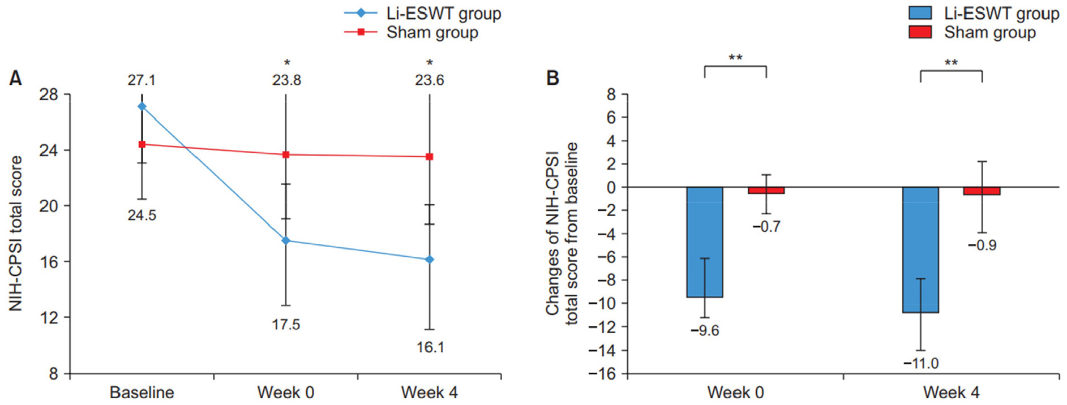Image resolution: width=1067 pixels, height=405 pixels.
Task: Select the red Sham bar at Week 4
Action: tap(982, 191)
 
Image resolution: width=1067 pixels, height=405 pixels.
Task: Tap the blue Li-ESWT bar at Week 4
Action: tap(920, 249)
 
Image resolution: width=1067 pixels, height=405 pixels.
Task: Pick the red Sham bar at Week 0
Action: tap(766, 191)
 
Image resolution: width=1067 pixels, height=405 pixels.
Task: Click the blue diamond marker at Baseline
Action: tap(142, 106)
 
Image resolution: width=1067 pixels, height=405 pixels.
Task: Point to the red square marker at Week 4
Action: tap(430, 157)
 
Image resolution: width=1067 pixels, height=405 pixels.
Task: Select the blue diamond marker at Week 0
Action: tap(286, 241)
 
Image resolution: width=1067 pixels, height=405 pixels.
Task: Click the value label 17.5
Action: tap(286, 325)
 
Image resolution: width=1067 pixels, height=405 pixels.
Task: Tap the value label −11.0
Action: tap(920, 363)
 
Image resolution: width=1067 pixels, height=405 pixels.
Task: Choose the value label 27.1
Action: tap(142, 80)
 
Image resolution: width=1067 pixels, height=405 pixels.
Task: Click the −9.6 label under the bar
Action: tap(705, 330)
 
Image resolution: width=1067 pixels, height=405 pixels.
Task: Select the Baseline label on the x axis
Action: tap(142, 393)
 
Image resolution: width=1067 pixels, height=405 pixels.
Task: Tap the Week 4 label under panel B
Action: tap(951, 393)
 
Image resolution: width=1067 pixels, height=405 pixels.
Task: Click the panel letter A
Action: tap(16, 78)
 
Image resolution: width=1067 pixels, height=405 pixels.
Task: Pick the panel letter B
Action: tap(552, 78)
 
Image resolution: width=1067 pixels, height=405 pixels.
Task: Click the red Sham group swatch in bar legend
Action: tap(920, 32)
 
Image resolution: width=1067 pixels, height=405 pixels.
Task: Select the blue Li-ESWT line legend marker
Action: tap(361, 13)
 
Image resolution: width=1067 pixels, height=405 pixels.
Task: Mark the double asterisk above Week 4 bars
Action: tap(951, 62)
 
